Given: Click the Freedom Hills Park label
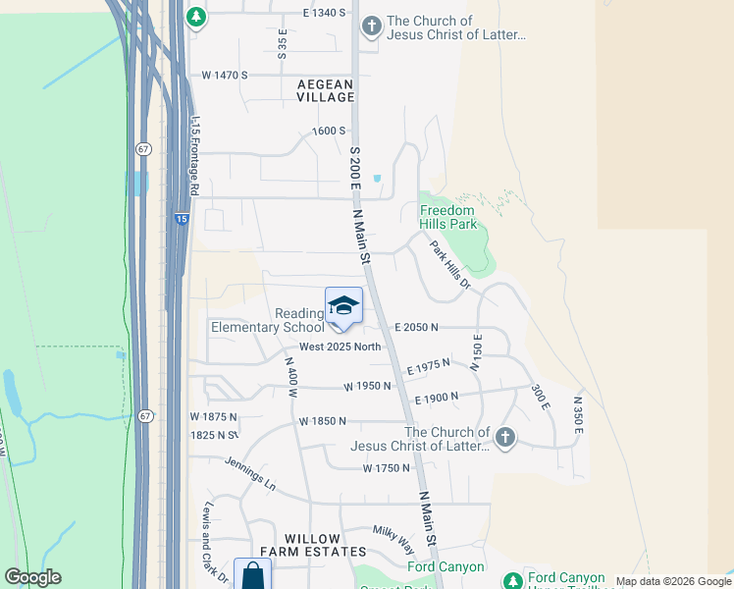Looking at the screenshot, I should point(447,217).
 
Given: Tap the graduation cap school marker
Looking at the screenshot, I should point(343,306).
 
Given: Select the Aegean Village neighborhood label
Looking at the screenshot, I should point(326,91).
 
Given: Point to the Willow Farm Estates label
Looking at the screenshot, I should point(312,546).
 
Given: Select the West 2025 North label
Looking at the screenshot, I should point(340,347).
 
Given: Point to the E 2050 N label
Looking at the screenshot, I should point(416,327).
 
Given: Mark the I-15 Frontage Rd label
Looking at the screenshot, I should point(195,156).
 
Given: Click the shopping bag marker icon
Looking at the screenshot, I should point(252,575).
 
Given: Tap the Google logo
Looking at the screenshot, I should point(32,577).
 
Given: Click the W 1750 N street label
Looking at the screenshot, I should point(386,468).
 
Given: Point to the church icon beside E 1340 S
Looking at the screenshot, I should point(371,27).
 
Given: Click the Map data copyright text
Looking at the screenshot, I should point(653,581).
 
